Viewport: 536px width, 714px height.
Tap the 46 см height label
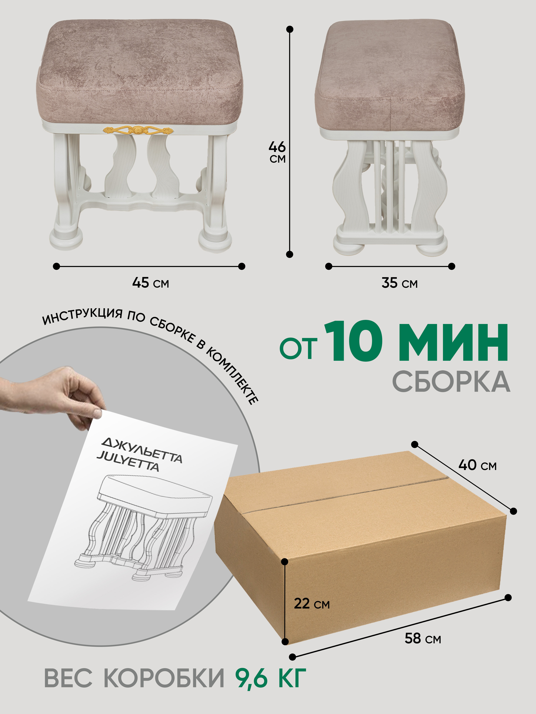[277, 152]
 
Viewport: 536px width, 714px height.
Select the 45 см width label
[151, 283]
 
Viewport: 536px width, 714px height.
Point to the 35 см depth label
[400, 283]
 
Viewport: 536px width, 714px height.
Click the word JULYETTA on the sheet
[128, 461]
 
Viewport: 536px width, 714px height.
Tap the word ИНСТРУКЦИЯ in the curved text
[83, 316]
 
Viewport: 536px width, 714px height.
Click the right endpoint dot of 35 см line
[452, 266]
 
